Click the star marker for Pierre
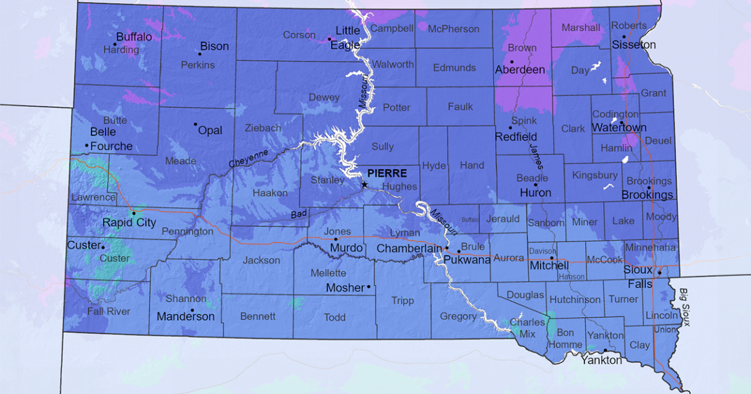[364, 184]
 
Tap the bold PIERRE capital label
[387, 173]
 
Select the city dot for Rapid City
[133, 213]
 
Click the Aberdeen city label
[519, 70]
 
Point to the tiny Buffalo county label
[469, 220]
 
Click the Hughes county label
[399, 186]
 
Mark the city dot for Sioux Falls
[659, 272]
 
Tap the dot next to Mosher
[369, 287]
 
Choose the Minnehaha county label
[650, 248]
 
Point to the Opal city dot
[195, 124]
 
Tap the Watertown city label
[619, 128]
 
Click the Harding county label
[121, 49]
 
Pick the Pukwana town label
[467, 260]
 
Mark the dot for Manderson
[192, 310]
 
